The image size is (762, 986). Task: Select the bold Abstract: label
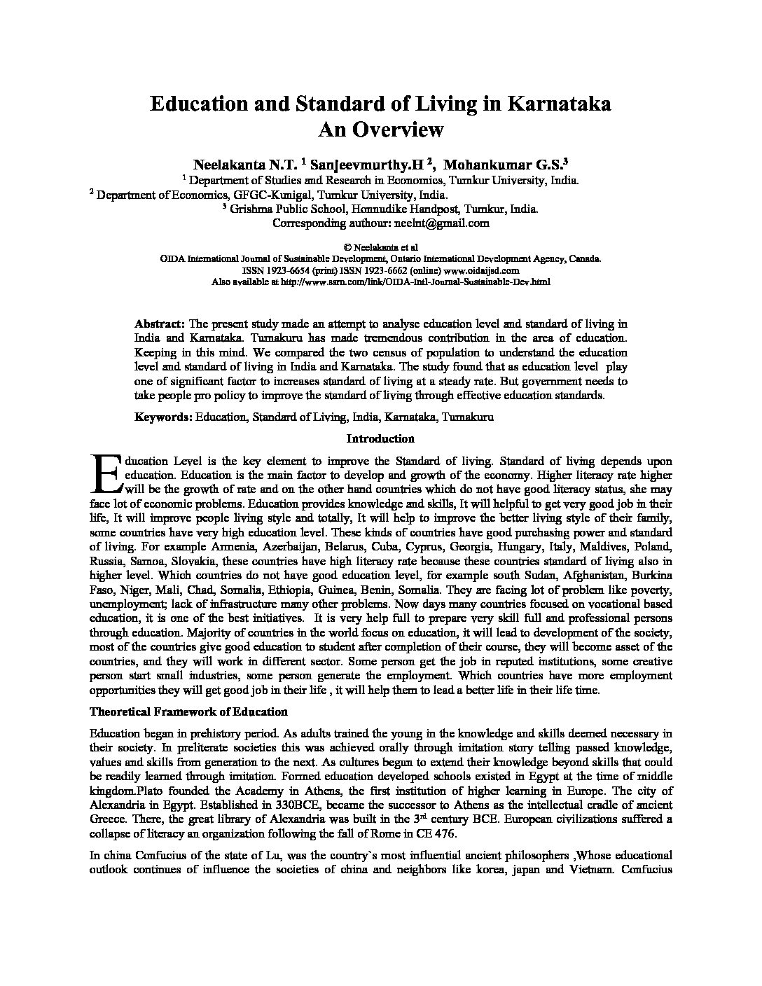click(x=160, y=324)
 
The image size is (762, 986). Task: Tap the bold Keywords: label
click(x=163, y=417)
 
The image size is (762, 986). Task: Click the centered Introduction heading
click(x=380, y=439)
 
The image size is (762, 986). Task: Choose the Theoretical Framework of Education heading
click(x=188, y=712)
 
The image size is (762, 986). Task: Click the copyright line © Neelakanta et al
click(x=380, y=248)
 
